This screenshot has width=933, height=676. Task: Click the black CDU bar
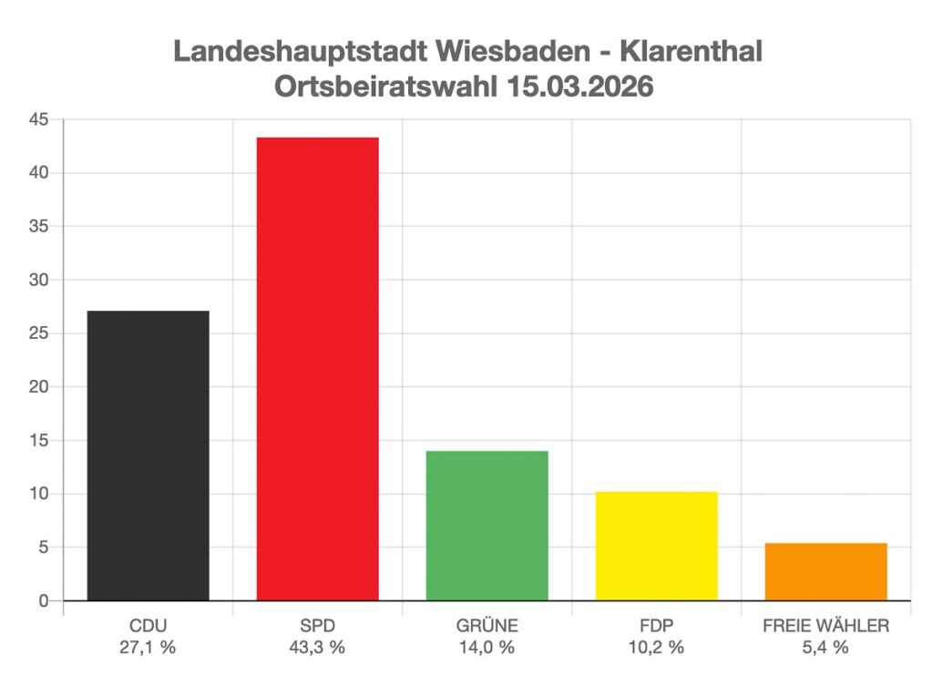(x=148, y=456)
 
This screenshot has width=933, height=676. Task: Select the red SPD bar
(x=317, y=369)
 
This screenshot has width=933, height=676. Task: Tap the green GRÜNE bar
(x=487, y=526)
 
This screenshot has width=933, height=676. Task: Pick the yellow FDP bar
(x=656, y=546)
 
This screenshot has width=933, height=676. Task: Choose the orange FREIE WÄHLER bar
(x=825, y=571)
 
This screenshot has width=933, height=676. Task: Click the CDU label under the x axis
(x=148, y=626)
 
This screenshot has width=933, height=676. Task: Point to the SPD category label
(x=317, y=626)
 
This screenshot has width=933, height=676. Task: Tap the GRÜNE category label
(x=487, y=626)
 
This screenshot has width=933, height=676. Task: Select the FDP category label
(x=656, y=626)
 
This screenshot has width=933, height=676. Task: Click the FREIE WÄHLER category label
(x=825, y=626)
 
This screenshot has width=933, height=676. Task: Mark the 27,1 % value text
(x=148, y=648)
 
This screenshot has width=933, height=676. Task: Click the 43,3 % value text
(x=317, y=648)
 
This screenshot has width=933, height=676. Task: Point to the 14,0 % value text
(x=487, y=648)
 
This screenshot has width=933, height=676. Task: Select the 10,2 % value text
(x=656, y=648)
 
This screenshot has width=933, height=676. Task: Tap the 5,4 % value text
(x=825, y=648)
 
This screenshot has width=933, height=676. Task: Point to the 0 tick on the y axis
(x=43, y=601)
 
